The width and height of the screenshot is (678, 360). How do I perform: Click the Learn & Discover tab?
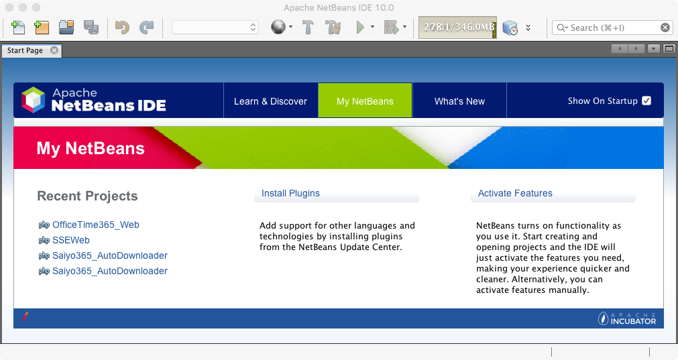(x=271, y=101)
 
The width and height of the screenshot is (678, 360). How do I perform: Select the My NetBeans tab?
(x=365, y=101)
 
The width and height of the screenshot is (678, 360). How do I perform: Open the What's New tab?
(x=459, y=101)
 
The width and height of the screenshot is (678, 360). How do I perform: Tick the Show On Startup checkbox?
(x=646, y=101)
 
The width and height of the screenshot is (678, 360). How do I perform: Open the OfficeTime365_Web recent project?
(x=95, y=225)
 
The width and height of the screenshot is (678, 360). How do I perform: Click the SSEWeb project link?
(x=71, y=240)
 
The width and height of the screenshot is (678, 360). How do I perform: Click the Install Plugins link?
(x=290, y=193)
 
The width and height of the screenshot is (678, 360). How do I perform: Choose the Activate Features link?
(x=515, y=193)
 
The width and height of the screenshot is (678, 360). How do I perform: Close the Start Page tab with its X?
(x=54, y=50)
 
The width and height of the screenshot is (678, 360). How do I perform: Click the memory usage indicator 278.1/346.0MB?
(x=457, y=27)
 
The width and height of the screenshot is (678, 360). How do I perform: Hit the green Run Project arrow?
(x=359, y=27)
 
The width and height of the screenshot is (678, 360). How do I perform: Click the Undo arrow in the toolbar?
(x=122, y=27)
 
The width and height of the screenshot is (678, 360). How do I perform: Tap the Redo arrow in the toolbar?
(x=147, y=27)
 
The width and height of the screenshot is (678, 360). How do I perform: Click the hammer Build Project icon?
(x=308, y=27)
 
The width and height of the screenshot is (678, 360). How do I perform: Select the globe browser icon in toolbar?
(x=278, y=27)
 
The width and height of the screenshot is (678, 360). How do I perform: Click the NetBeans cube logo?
(x=34, y=100)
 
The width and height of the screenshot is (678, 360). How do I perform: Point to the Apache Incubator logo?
(x=627, y=318)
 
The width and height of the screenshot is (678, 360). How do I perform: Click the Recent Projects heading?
(x=87, y=196)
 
